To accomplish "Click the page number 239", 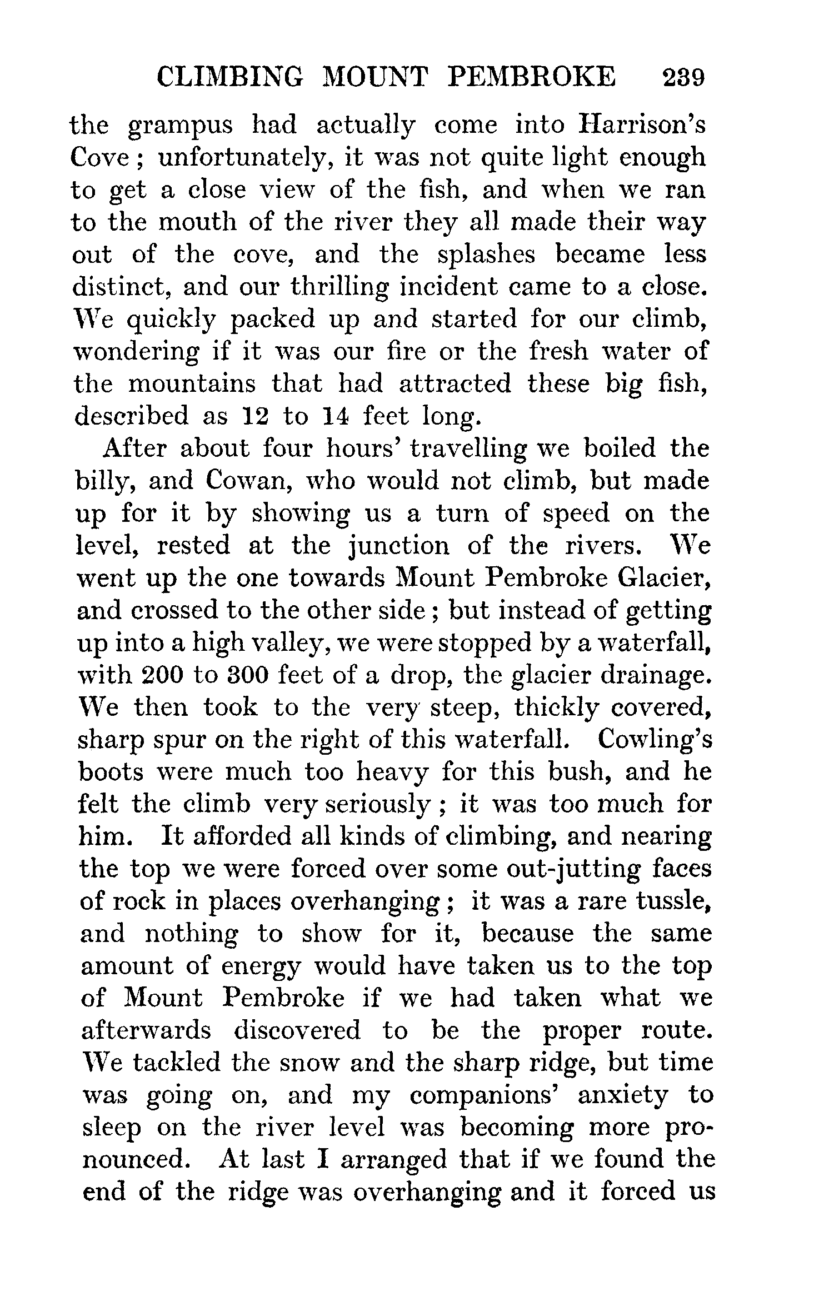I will pos(683,77).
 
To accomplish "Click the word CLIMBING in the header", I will pos(231,77).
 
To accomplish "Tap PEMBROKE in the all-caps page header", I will pos(531,77).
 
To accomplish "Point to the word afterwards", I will pos(146,1030).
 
